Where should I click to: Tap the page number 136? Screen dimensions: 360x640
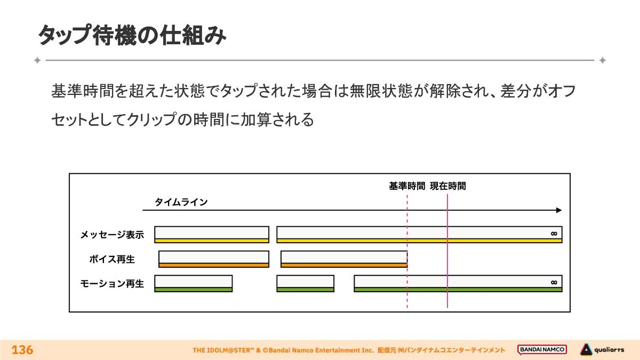click(22, 350)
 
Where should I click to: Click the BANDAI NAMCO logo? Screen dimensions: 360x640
click(542, 350)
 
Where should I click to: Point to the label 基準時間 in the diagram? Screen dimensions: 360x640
click(407, 186)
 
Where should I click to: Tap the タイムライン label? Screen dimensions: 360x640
click(181, 202)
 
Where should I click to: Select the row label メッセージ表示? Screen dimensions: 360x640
click(112, 235)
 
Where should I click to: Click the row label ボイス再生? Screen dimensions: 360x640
click(112, 260)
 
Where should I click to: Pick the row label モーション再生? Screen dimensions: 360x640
click(112, 284)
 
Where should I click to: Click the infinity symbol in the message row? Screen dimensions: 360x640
click(554, 234)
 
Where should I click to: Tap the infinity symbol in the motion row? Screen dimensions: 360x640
click(554, 282)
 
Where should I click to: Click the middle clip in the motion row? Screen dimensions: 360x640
click(305, 283)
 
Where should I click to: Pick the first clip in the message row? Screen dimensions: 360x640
click(212, 234)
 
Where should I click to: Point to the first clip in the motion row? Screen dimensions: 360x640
click(193, 283)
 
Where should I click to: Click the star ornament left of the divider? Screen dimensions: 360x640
click(37, 60)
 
